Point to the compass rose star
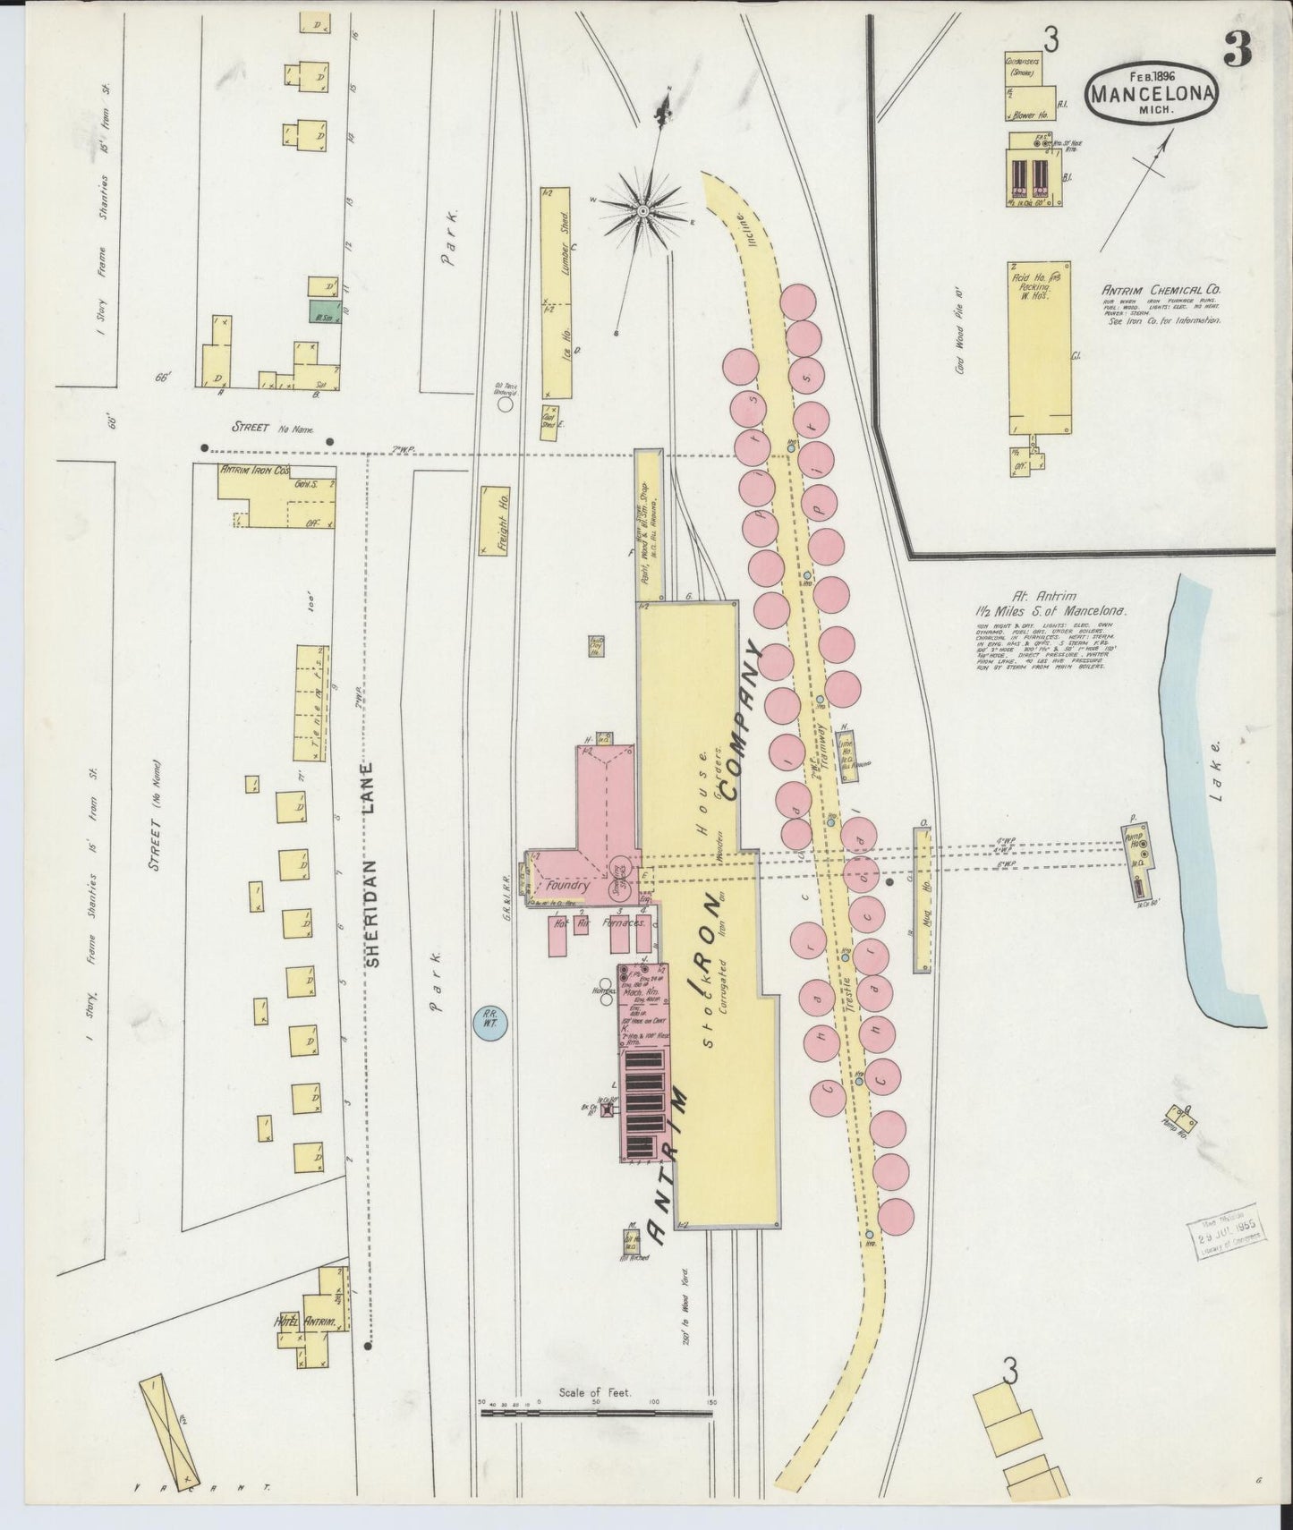coord(642,210)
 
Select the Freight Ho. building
coord(495,521)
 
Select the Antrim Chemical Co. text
coord(1161,290)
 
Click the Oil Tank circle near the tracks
coord(506,404)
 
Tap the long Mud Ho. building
coord(922,900)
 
